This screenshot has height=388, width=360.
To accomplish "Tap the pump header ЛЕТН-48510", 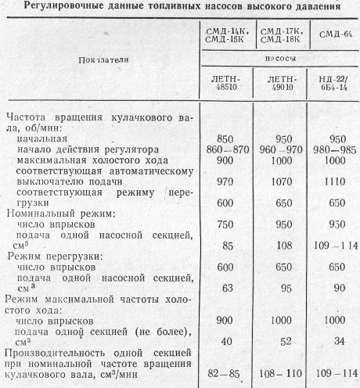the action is (x=224, y=83).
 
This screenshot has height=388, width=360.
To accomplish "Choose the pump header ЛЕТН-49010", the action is (x=282, y=83).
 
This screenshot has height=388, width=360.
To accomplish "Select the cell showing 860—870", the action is (x=224, y=148).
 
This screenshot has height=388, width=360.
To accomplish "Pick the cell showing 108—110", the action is (x=282, y=374).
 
